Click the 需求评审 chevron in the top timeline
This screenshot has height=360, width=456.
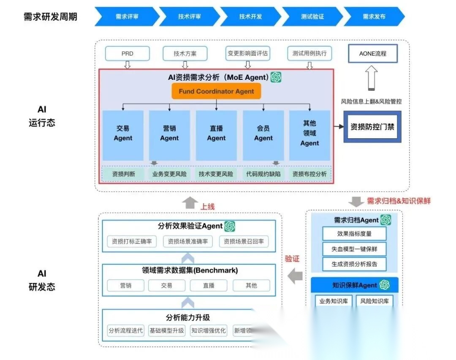pos(127,16)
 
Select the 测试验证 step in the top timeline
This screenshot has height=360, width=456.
pos(312,16)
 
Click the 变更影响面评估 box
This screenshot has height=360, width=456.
pos(247,54)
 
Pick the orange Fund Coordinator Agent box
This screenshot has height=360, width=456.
pos(216,91)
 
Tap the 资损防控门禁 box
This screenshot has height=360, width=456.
pos(372,126)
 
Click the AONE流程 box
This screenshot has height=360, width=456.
pos(372,54)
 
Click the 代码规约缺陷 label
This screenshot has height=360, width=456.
pos(263,174)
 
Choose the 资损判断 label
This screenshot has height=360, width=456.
pos(124,174)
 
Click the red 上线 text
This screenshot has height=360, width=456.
pos(207,206)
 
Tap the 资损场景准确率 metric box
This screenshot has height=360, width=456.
pos(188,242)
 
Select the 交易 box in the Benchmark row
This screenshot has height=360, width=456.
pos(167,286)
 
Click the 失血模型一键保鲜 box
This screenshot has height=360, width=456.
pos(354,249)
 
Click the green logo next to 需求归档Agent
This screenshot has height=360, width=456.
pos(385,220)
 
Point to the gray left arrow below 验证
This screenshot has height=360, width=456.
pos(295,277)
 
